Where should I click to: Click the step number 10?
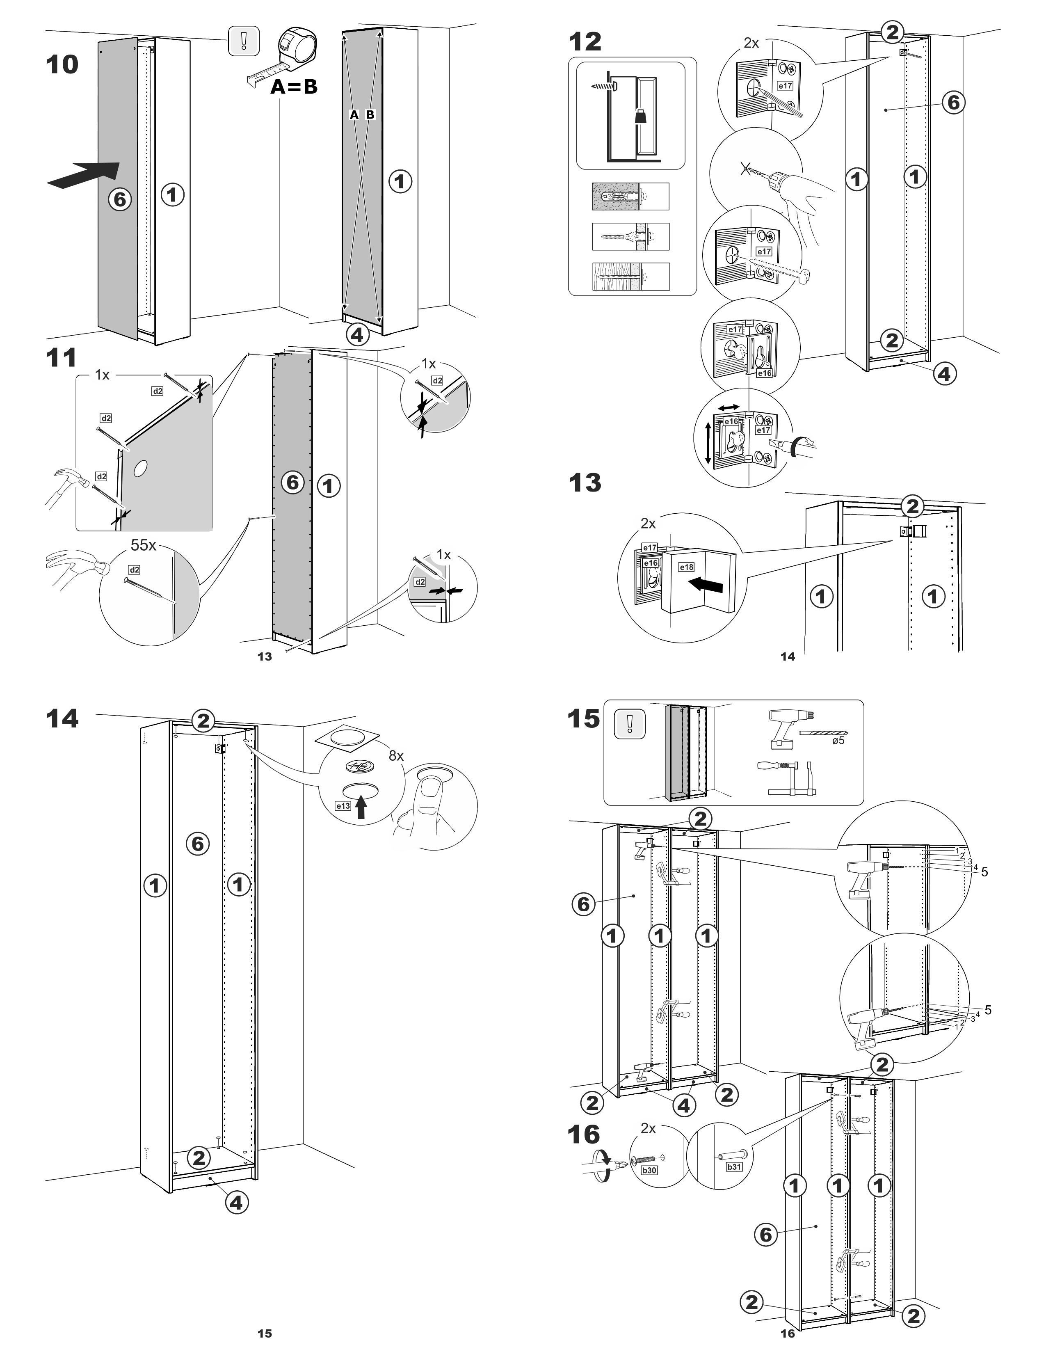pos(62,64)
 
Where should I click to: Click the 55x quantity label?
pos(143,545)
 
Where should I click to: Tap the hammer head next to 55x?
pos(98,565)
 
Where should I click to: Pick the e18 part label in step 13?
pos(687,567)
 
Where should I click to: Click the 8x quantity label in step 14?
pos(396,756)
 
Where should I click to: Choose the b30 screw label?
pos(649,1170)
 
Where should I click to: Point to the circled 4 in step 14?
pos(236,1203)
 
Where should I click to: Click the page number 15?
pos(265,1333)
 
